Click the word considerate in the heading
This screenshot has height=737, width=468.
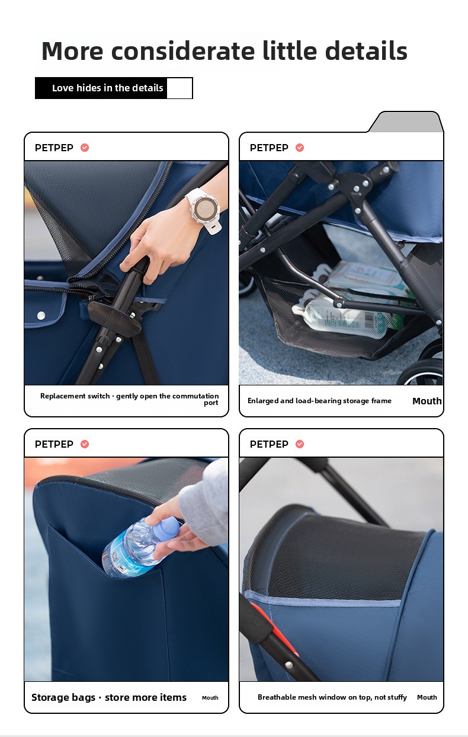pyautogui.click(x=183, y=51)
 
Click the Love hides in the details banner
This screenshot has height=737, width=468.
pyautogui.click(x=114, y=88)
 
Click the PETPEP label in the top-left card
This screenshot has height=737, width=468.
pyautogui.click(x=54, y=148)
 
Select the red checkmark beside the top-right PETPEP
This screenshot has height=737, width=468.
pyautogui.click(x=300, y=148)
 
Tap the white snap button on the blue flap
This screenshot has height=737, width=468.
pyautogui.click(x=41, y=316)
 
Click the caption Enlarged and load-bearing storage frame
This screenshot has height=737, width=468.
pyautogui.click(x=319, y=401)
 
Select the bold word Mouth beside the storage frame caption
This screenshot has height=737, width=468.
pyautogui.click(x=427, y=401)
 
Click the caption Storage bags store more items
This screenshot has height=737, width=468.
pyautogui.click(x=109, y=697)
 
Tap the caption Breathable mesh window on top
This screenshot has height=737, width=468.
pyautogui.click(x=332, y=697)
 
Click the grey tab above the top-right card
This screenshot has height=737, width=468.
pyautogui.click(x=406, y=122)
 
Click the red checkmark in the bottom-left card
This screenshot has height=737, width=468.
pyautogui.click(x=85, y=444)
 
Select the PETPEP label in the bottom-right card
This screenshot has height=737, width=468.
pyautogui.click(x=269, y=444)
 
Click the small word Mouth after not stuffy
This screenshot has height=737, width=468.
pyautogui.click(x=427, y=697)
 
